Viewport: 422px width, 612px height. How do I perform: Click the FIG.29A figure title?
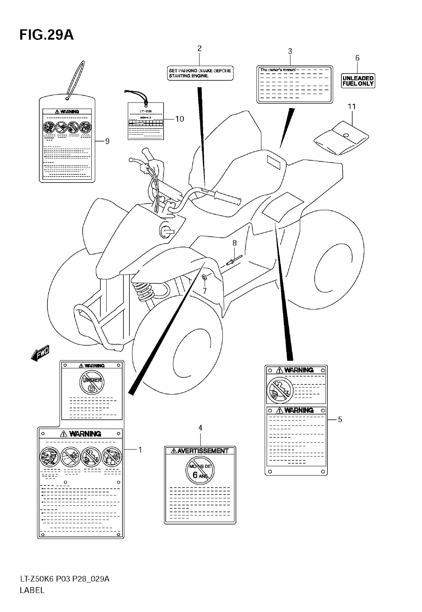[x=46, y=35]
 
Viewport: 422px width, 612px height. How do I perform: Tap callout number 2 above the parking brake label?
[x=199, y=48]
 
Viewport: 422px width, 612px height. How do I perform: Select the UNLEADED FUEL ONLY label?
[x=358, y=81]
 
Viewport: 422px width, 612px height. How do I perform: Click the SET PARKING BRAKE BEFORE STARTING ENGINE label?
[x=200, y=73]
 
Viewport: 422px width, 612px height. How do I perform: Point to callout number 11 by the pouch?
[x=352, y=107]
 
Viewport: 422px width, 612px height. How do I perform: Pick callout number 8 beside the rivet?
[x=234, y=243]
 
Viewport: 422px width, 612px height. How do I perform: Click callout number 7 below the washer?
[x=205, y=291]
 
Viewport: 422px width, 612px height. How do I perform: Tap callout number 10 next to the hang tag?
[x=179, y=119]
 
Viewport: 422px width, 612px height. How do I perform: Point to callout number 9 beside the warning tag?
[x=107, y=141]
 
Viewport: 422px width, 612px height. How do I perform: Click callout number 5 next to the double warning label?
[x=340, y=420]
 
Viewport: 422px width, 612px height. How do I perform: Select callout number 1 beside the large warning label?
[x=140, y=450]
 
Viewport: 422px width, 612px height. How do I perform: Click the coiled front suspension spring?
[x=143, y=290]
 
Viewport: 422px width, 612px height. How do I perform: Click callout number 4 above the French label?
[x=200, y=428]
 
